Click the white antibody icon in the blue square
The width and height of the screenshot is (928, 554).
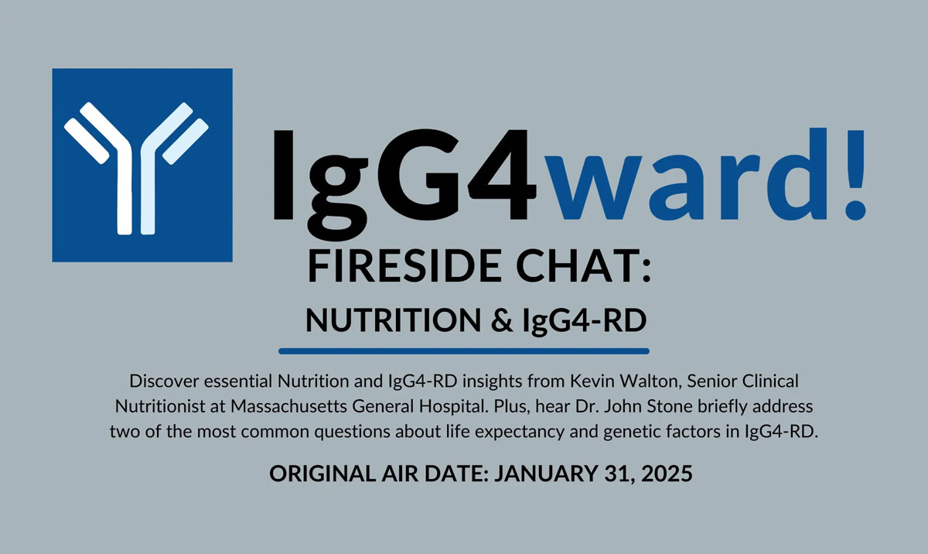coord(142,165)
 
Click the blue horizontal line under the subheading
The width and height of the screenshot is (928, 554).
coord(464,351)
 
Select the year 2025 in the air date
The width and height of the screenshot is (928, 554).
coord(667,474)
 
